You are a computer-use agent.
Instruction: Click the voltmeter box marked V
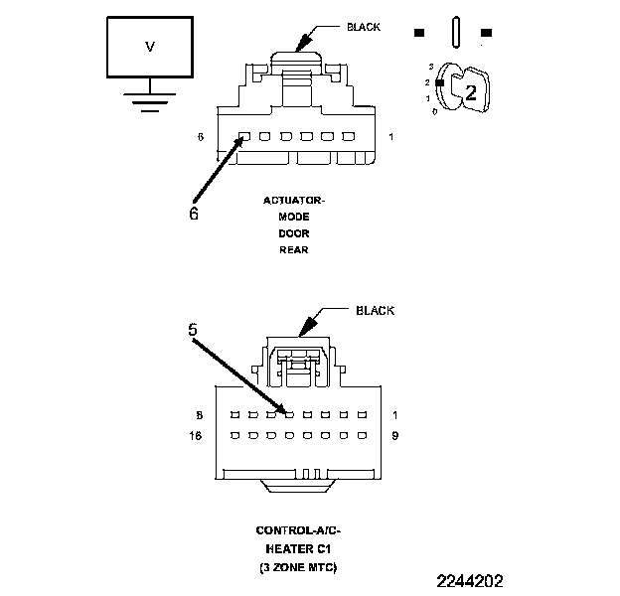pyautogui.click(x=150, y=48)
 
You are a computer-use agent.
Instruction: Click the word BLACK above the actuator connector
pyautogui.click(x=363, y=27)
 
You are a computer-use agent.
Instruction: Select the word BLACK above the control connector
pyautogui.click(x=376, y=311)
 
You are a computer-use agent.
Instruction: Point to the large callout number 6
pyautogui.click(x=194, y=212)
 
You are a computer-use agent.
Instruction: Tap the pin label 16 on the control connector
pyautogui.click(x=199, y=435)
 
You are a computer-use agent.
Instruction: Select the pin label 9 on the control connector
pyautogui.click(x=395, y=435)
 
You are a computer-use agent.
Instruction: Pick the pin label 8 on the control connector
pyautogui.click(x=201, y=414)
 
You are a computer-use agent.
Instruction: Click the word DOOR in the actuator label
pyautogui.click(x=293, y=233)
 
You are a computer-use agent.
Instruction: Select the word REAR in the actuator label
pyautogui.click(x=293, y=249)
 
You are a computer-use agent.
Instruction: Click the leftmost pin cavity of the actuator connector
pyautogui.click(x=243, y=137)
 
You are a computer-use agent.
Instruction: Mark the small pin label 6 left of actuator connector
pyautogui.click(x=201, y=136)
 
